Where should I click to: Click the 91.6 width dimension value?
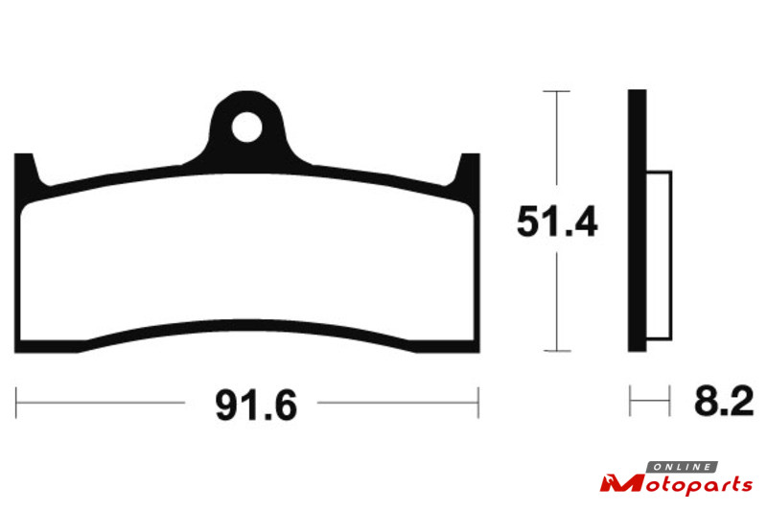[x=256, y=405]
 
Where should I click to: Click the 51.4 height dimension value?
[x=557, y=221]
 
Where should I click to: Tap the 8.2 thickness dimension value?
[x=724, y=402]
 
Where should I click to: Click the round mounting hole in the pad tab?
[x=246, y=128]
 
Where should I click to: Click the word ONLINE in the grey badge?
[x=683, y=467]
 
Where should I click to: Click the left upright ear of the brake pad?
[x=26, y=172]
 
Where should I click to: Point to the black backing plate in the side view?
[x=637, y=221]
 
